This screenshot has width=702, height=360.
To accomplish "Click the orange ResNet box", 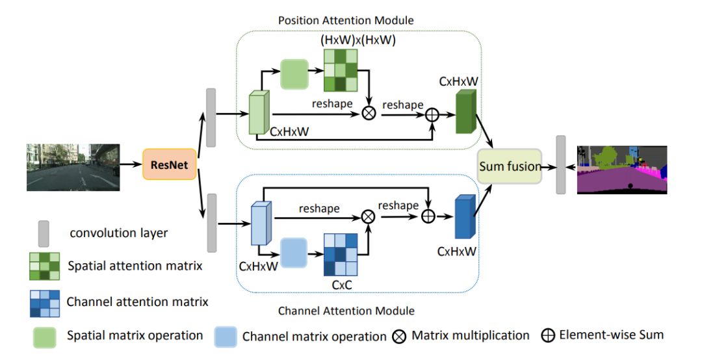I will [x=170, y=165].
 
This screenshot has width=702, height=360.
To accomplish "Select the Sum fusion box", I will [x=510, y=166].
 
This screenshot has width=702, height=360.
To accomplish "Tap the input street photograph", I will [x=73, y=167].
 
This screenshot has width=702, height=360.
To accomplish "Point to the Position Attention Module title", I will [x=346, y=20].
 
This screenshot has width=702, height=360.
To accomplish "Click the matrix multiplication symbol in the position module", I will [x=369, y=113].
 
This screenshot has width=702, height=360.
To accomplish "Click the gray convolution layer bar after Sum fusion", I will [x=561, y=165].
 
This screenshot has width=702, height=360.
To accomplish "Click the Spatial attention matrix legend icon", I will [x=44, y=266].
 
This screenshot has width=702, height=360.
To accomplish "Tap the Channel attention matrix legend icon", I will [x=44, y=303].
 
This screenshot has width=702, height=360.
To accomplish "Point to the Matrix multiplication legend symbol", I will [x=400, y=336].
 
